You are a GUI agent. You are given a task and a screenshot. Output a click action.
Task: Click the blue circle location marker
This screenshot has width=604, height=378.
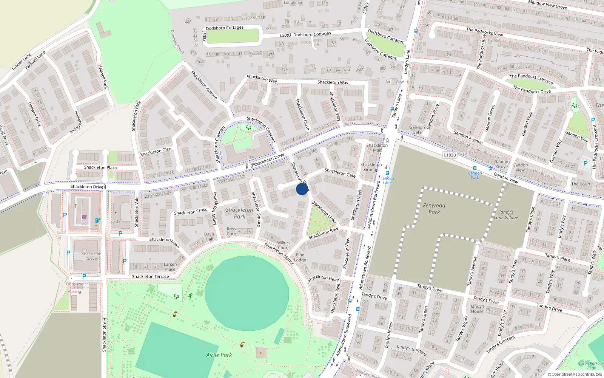tap(302, 189)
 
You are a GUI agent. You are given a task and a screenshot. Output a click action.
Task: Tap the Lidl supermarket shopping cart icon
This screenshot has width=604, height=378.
tap(85, 217)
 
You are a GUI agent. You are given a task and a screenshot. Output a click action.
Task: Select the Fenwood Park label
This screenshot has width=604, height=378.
tap(434, 209)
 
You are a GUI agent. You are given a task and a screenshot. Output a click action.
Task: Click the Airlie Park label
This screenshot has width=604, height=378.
tap(219, 355)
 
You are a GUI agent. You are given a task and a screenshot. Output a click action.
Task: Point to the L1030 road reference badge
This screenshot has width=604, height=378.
tap(450, 155)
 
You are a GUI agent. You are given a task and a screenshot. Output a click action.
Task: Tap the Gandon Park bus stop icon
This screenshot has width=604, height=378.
tap(475, 169)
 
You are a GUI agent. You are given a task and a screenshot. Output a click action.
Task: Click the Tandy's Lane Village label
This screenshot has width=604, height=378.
tap(506, 215)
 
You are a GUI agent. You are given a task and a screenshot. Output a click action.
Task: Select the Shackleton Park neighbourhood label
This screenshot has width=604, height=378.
tap(239, 213)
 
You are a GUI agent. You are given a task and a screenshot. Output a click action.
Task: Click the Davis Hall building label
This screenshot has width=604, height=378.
tap(209, 236)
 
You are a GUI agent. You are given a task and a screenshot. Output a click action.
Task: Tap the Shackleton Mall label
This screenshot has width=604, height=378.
tap(377, 148)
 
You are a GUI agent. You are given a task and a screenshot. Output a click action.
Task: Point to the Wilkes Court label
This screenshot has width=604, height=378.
tap(283, 245)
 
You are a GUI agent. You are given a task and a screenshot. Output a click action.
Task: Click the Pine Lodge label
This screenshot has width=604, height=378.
tap(300, 257)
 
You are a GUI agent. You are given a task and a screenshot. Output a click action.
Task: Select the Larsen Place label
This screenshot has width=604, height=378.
tap(170, 267)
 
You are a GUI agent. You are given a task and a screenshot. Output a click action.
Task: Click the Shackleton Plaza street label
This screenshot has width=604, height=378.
tap(100, 167)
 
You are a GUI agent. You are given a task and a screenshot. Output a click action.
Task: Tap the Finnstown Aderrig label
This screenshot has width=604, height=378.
tap(75, 288)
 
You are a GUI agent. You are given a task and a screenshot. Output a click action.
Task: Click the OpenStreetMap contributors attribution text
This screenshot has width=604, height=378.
tap(575, 374)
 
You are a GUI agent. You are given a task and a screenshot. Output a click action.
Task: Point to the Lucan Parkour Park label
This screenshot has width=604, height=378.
tap(591, 366)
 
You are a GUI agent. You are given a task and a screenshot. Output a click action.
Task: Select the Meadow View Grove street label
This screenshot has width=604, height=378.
tap(547, 5)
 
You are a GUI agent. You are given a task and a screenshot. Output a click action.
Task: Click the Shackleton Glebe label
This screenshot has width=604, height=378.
tap(91, 256)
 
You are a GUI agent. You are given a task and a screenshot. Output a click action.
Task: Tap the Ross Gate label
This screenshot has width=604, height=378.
tap(231, 231)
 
